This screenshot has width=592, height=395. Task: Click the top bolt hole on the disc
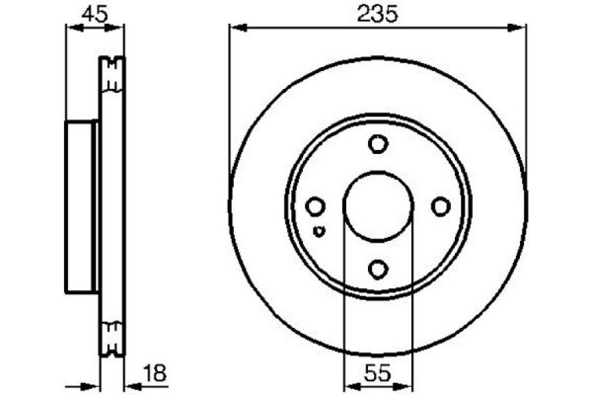pos(378,145)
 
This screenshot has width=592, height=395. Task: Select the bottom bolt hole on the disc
pos(378,268)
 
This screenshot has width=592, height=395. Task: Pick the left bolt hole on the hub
pos(316,206)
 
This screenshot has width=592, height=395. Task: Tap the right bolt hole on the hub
pos(440,206)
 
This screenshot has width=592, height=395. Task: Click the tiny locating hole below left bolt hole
pos(318,231)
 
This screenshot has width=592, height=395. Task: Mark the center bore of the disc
pos(378,206)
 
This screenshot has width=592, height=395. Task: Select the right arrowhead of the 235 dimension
pos(519,29)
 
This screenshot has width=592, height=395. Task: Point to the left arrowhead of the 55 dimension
pos(347,382)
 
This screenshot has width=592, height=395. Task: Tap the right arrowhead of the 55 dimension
pos(407,382)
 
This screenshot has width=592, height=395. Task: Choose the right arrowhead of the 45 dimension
pos(121,29)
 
